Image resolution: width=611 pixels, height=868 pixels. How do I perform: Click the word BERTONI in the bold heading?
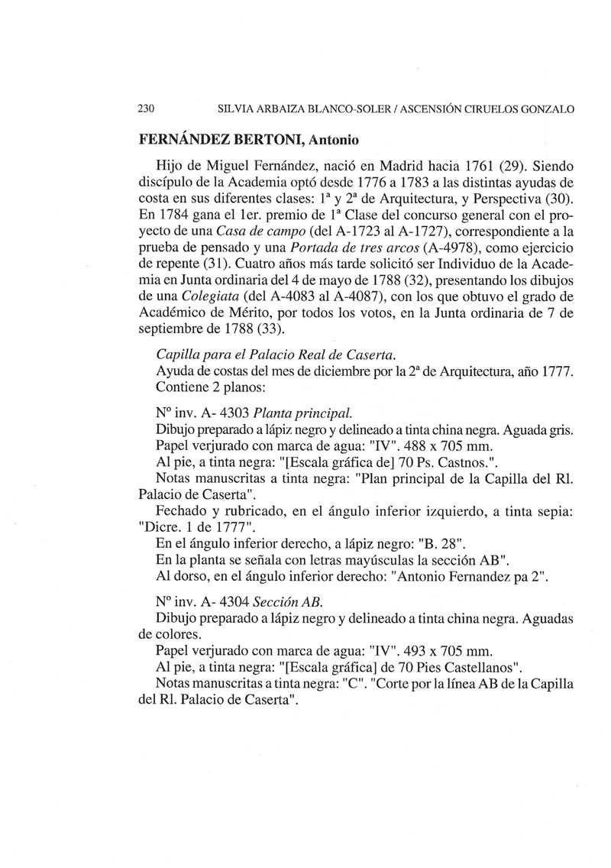[268, 141]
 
